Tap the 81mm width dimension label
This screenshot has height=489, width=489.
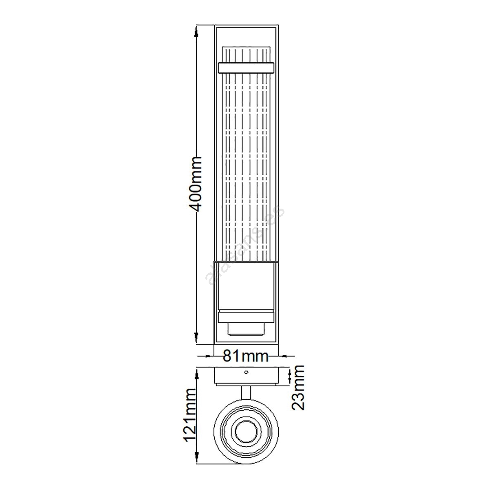tap(245, 356)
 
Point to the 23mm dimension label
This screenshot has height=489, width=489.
tap(297, 391)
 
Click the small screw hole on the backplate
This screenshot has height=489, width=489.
tap(246, 372)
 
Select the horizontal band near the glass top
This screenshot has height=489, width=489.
tap(246, 68)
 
